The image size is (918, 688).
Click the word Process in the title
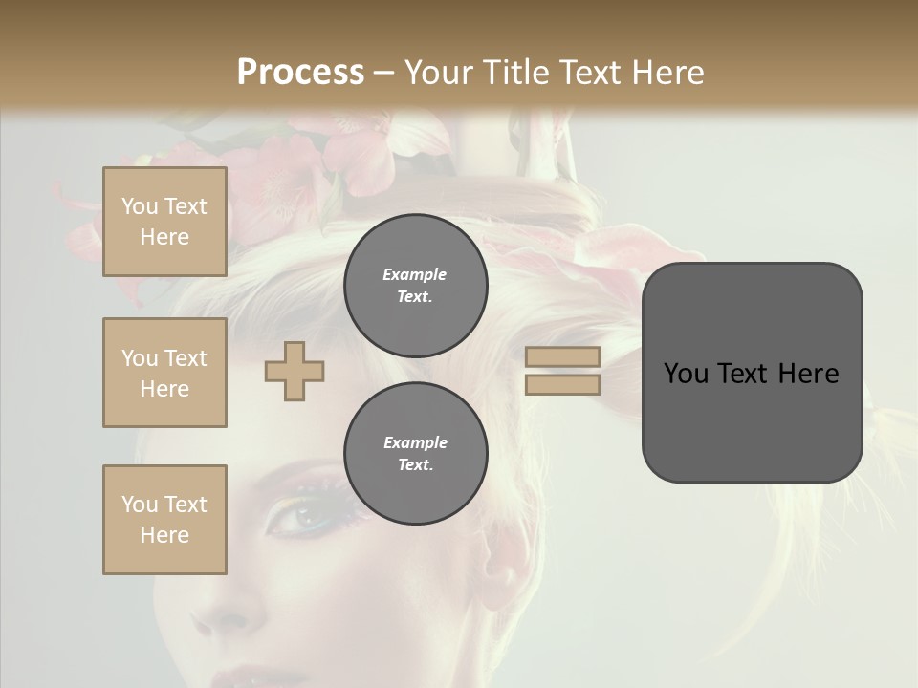300,72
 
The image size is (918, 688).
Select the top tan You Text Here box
164,222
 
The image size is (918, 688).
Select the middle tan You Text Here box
164,373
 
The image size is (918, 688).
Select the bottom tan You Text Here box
164,520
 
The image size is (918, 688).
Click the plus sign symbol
295,372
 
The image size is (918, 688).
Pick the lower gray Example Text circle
415,453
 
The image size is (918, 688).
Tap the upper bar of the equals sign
562,357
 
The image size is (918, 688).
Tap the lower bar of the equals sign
562,385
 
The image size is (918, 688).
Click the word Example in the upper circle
415,274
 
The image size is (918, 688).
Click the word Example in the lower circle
415,442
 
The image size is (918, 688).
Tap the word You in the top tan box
139,206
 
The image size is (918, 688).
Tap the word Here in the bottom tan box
164,535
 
